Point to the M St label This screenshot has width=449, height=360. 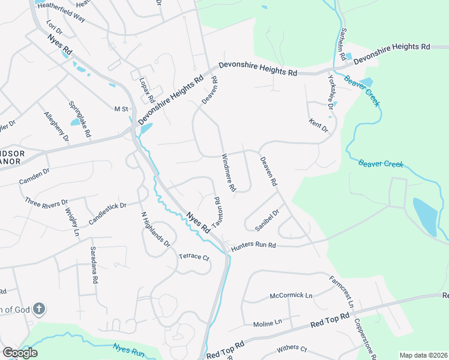point(122,109)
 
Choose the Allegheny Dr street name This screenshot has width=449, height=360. point(57,127)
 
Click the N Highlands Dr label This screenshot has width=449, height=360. point(156,229)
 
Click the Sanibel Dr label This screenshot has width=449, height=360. point(268,220)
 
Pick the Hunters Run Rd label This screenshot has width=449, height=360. point(253,245)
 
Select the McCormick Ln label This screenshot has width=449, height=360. point(291,296)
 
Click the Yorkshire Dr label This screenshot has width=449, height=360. point(330,92)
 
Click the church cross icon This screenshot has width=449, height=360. point(38,310)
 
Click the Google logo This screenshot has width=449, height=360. point(20,352)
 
